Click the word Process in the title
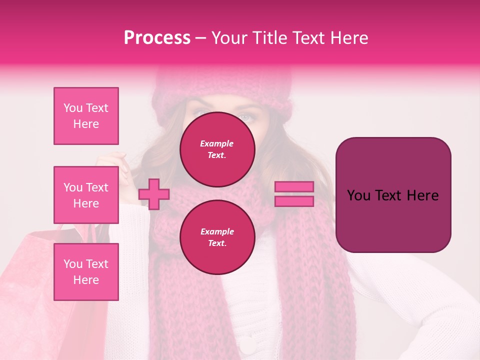point(157,38)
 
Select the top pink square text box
point(86,116)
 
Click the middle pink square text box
point(86,195)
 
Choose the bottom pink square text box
point(86,271)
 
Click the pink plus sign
point(154,194)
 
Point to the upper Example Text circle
point(217,149)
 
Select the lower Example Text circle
point(217,237)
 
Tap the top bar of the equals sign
point(294,187)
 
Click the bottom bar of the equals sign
point(294,201)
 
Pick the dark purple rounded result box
point(393,195)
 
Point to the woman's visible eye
point(245,117)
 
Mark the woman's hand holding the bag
point(111,165)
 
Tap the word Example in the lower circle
point(217,231)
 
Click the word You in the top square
point(72,108)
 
